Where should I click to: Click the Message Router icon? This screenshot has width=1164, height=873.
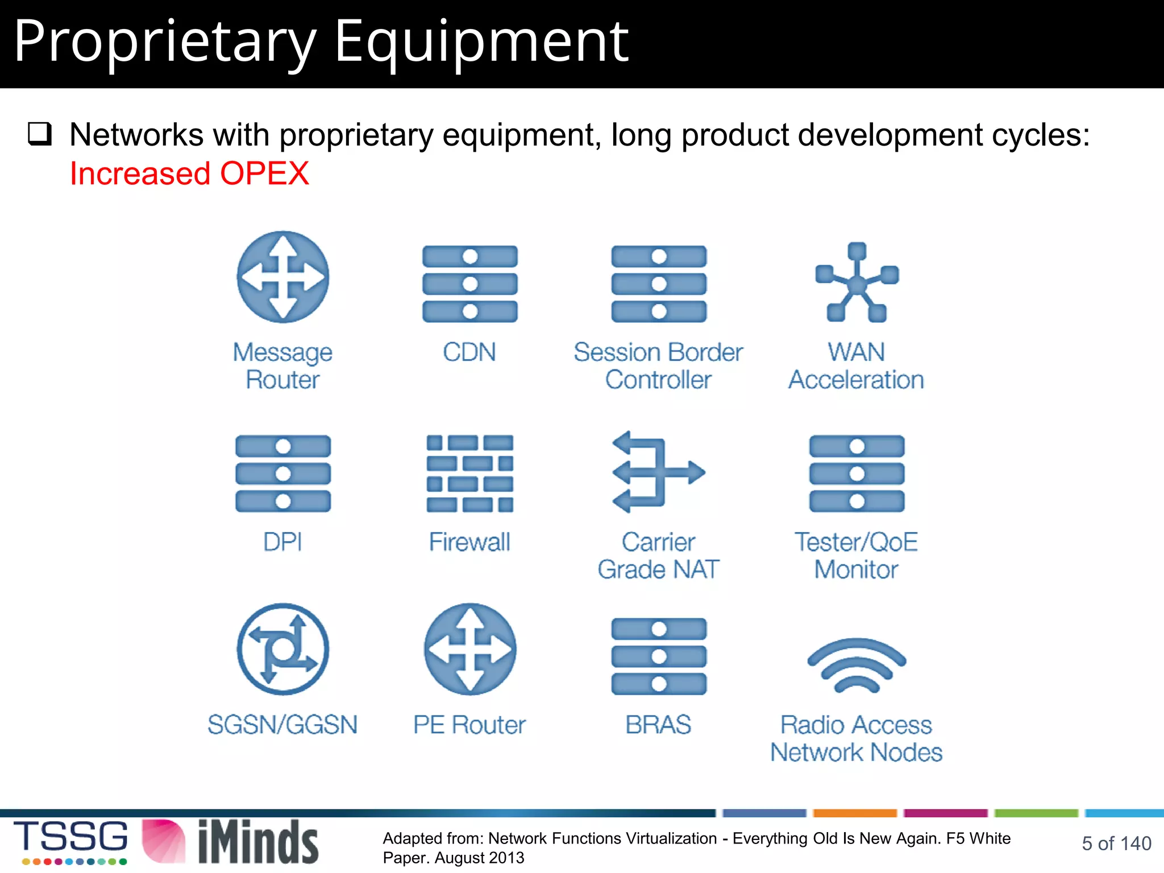(x=282, y=277)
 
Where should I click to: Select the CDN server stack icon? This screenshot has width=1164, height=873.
(x=469, y=284)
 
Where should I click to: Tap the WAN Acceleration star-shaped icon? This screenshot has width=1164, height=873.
(x=857, y=282)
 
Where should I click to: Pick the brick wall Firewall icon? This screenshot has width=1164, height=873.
(x=469, y=473)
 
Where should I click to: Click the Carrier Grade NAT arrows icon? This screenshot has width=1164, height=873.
(x=658, y=472)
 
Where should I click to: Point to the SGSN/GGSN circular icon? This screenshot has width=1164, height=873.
(x=282, y=649)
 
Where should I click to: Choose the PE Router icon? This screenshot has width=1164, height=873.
(x=470, y=649)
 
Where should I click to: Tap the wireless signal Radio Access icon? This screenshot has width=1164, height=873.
(x=857, y=665)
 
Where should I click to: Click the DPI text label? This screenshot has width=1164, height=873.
(x=282, y=542)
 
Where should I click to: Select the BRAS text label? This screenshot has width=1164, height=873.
(x=658, y=725)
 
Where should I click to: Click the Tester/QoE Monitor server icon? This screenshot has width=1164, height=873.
(x=857, y=473)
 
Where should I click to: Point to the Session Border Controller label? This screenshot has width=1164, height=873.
(x=658, y=365)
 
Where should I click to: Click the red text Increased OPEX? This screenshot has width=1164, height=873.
(x=189, y=173)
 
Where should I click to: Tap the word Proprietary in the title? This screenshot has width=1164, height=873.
(x=165, y=41)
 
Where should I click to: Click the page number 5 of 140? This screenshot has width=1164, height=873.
(x=1116, y=843)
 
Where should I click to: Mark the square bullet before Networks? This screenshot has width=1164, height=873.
(x=40, y=135)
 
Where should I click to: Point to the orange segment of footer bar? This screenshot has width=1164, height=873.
(x=855, y=813)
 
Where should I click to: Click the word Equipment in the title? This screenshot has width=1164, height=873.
(x=481, y=41)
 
